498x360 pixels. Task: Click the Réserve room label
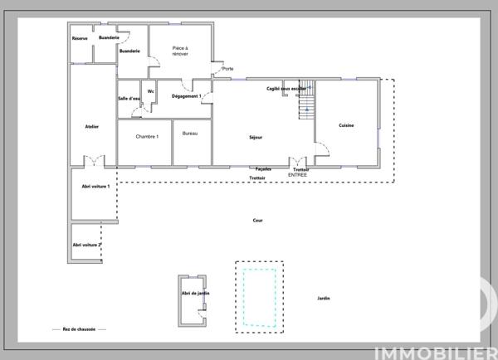tap(80, 38)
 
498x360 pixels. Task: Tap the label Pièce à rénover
tap(180, 51)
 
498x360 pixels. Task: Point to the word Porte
tap(227, 69)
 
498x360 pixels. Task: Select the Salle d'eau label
tap(129, 99)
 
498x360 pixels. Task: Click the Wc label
tap(151, 91)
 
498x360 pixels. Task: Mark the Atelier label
tap(92, 126)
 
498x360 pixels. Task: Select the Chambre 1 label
tap(147, 136)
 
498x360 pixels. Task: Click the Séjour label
tap(256, 137)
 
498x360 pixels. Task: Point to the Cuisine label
tap(346, 125)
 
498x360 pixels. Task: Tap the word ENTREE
tap(297, 175)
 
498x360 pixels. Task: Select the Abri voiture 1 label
tap(96, 187)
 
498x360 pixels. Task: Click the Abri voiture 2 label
tap(87, 245)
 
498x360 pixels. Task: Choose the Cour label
tap(257, 221)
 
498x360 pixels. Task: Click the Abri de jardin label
tap(195, 293)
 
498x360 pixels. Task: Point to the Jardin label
tap(324, 298)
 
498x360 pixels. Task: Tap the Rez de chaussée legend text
tap(79, 329)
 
